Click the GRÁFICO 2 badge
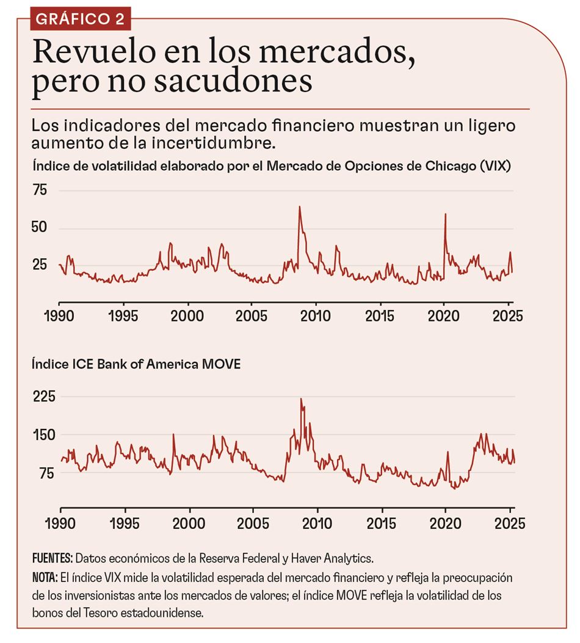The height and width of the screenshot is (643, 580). point(80,19)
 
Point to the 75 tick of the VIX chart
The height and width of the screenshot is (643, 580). point(40,191)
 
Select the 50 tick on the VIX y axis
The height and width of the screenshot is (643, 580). point(40,228)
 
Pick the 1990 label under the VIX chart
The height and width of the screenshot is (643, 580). point(59,317)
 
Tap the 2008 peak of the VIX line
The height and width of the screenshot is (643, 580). point(299,207)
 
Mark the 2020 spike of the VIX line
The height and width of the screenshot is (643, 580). point(445,214)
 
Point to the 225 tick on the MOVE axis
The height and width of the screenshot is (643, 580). point(43,397)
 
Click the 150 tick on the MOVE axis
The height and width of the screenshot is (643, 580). point(43,435)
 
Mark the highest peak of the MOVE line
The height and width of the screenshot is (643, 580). point(300,399)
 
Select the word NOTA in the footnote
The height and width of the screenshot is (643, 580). point(45,577)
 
